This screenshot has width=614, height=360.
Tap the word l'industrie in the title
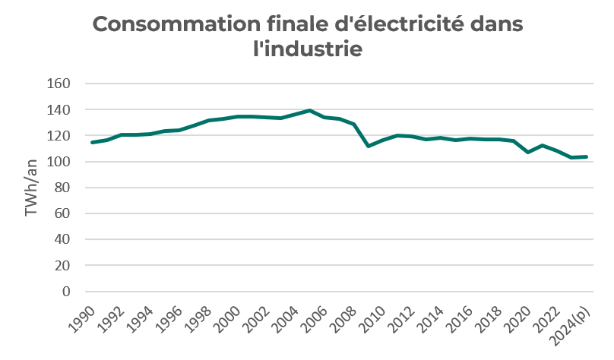point(307,50)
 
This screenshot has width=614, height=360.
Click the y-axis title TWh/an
point(32,188)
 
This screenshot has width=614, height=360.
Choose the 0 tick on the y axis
point(66,292)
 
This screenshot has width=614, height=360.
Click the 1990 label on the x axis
point(82,317)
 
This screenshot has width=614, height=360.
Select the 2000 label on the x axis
point(228,317)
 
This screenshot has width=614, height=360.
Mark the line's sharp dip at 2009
point(369,146)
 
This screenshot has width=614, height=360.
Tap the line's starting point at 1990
point(92,142)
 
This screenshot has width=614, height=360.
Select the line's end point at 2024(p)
point(586,156)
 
